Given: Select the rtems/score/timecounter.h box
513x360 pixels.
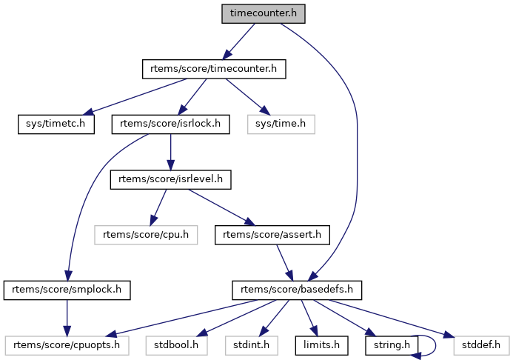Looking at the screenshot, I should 214,69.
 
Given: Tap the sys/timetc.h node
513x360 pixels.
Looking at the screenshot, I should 57,124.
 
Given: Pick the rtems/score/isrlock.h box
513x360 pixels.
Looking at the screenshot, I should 171,124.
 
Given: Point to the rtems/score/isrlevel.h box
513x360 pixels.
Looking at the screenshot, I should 171,179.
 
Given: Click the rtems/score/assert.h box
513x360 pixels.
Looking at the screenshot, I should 271,234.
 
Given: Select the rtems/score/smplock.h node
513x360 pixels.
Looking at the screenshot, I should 67,290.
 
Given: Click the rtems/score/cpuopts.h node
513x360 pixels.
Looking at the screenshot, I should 67,344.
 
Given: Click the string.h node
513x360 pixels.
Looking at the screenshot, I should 386,344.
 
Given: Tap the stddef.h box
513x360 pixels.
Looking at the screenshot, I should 481,344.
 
